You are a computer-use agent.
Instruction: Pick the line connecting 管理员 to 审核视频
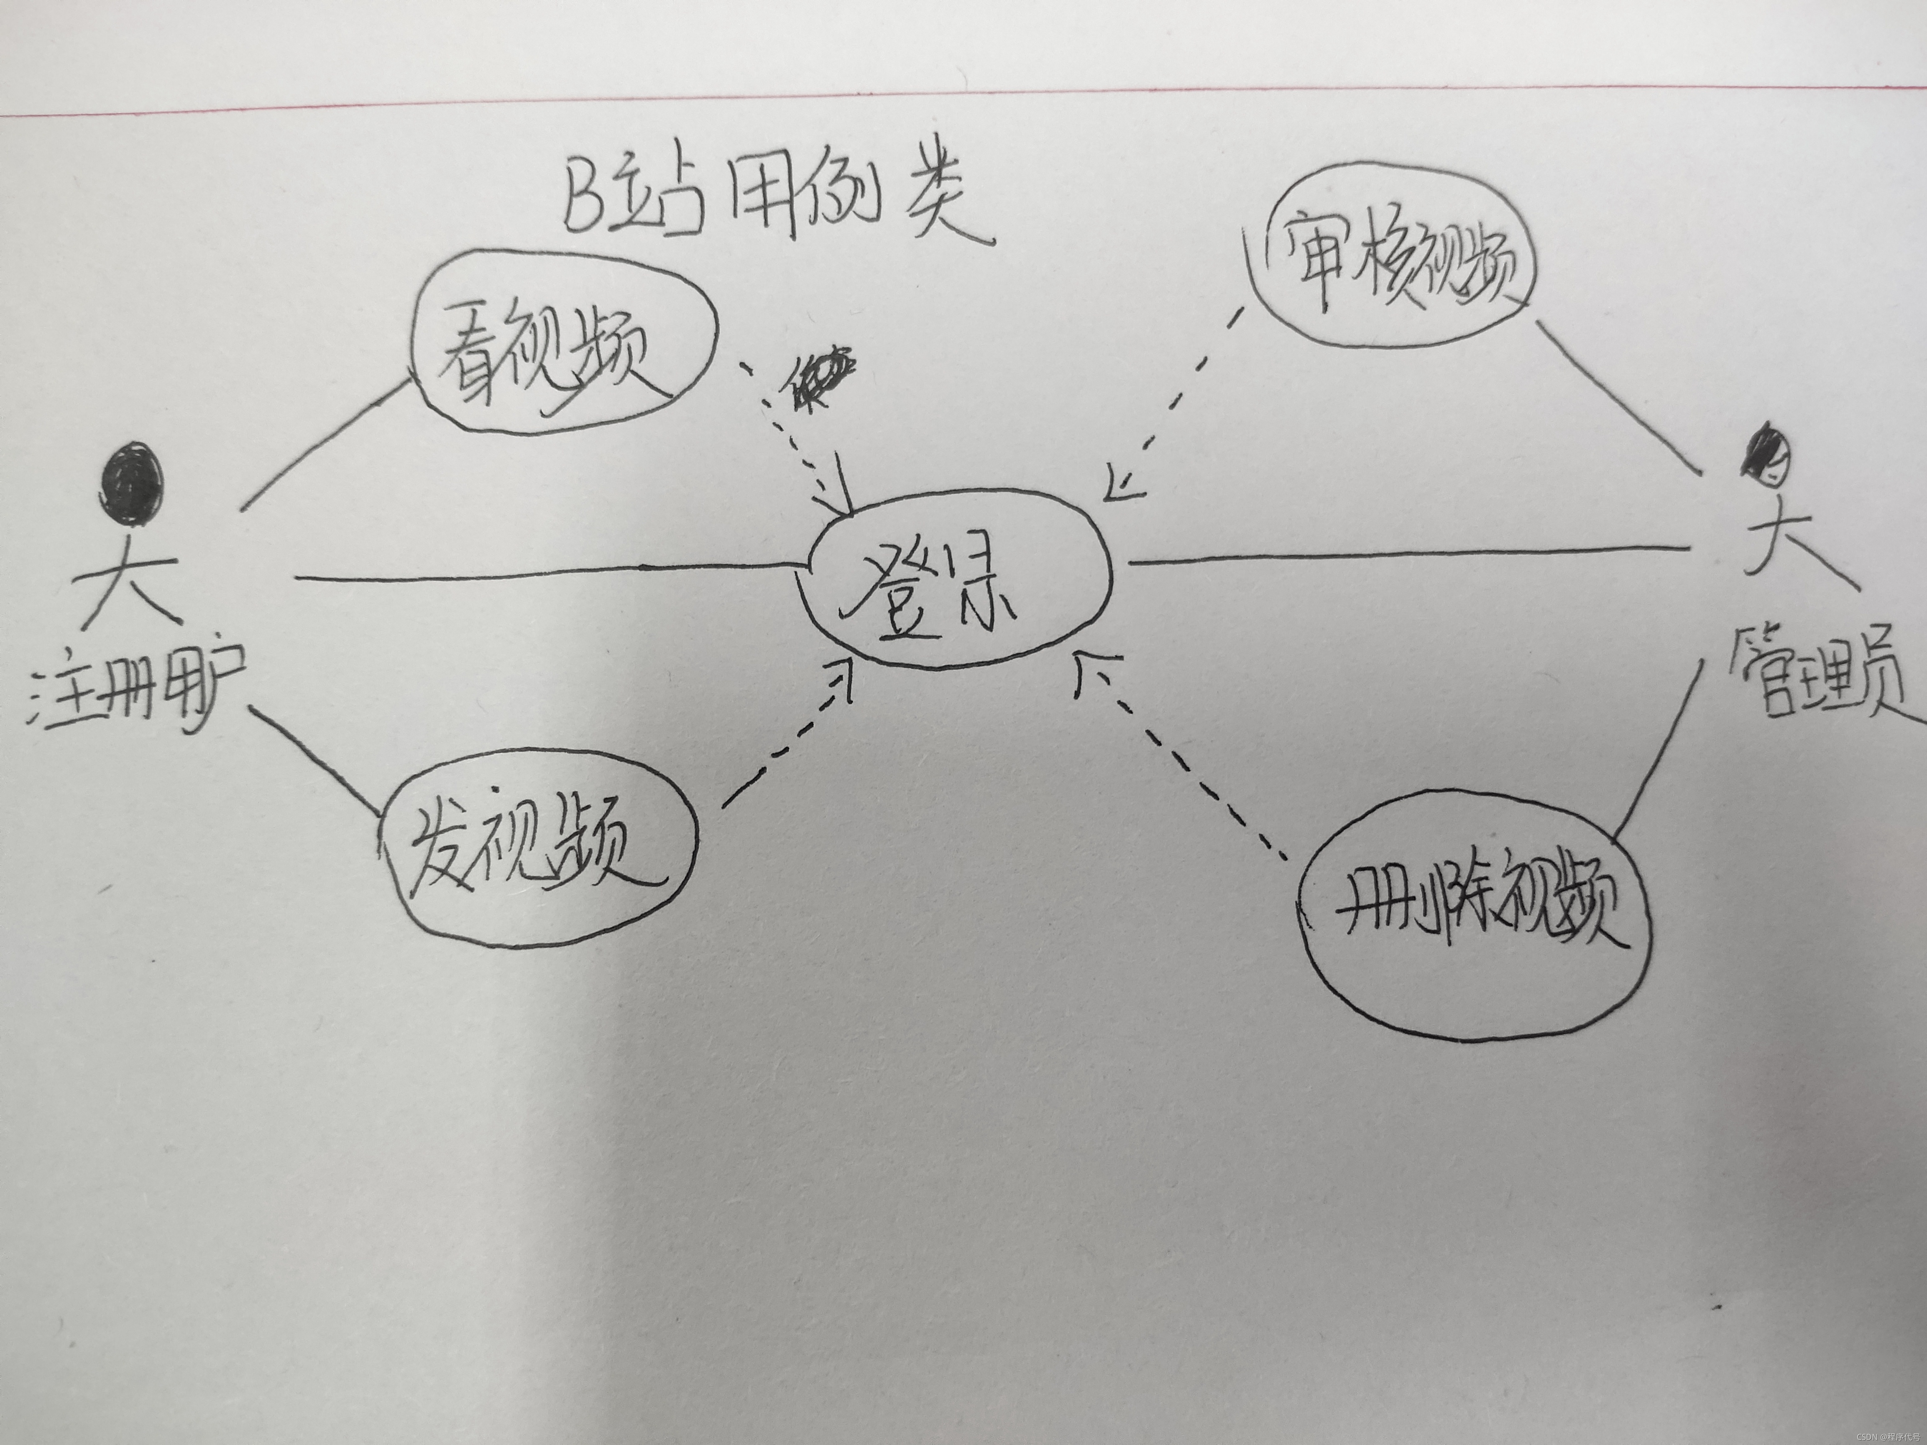[1620, 396]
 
